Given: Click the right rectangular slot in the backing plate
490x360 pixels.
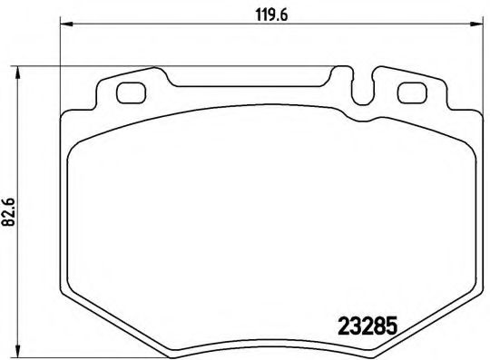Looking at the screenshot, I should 412,92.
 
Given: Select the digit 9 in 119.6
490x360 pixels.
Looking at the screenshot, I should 269,13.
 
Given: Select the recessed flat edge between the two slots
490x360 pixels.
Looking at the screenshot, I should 263,87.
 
